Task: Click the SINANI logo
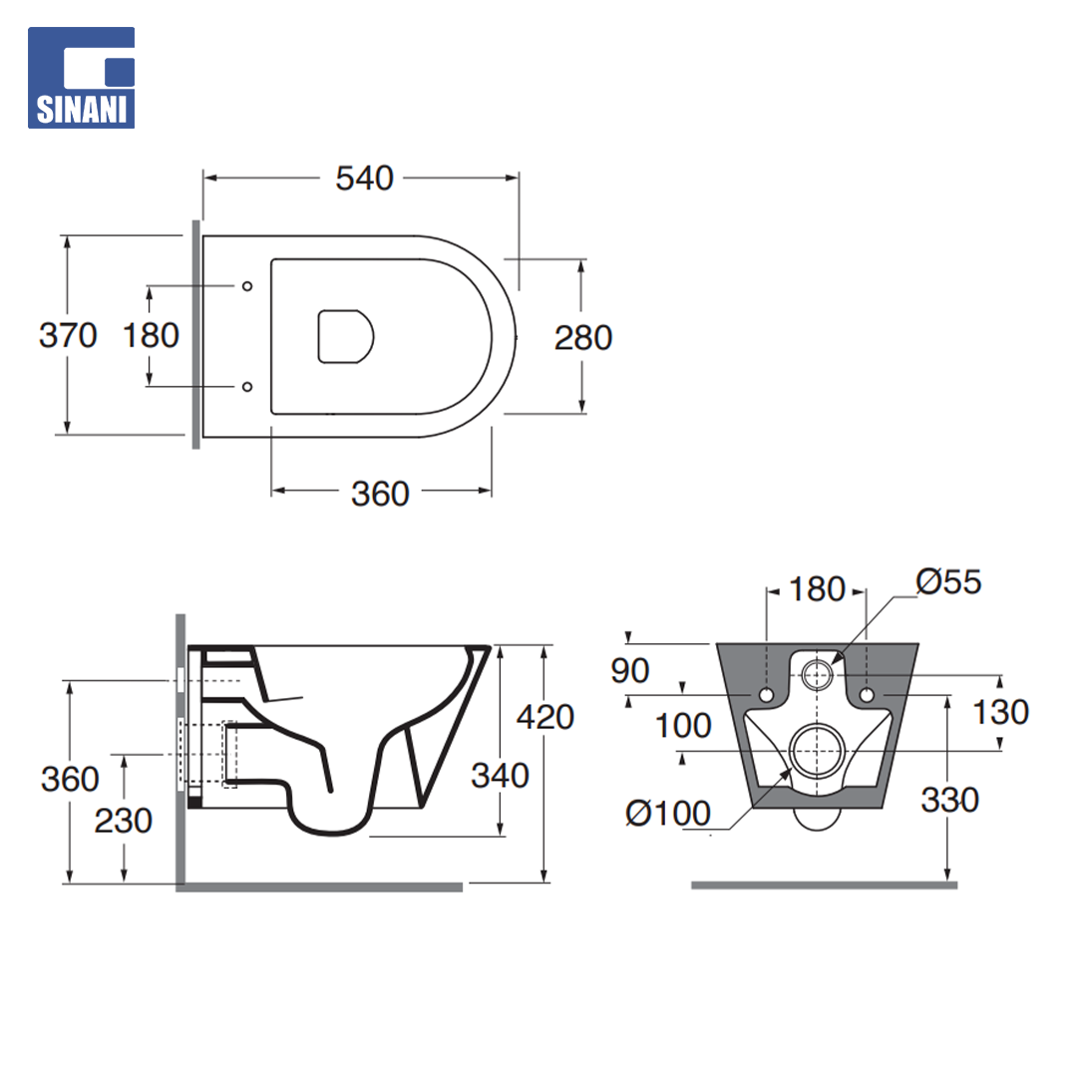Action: pyautogui.click(x=81, y=78)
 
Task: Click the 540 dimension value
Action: pyautogui.click(x=364, y=179)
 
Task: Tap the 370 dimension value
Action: pyautogui.click(x=68, y=336)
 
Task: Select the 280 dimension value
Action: pyautogui.click(x=583, y=338)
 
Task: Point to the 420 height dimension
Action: pyautogui.click(x=545, y=717)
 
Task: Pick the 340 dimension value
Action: pyautogui.click(x=500, y=776)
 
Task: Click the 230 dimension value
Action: pyautogui.click(x=123, y=821)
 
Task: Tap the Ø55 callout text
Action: pyautogui.click(x=948, y=582)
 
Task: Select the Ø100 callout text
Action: pyautogui.click(x=667, y=814)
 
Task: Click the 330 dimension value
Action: pyautogui.click(x=950, y=800)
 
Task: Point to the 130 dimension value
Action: pyautogui.click(x=1001, y=712)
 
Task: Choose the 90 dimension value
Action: pyautogui.click(x=630, y=671)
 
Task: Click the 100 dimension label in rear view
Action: pyautogui.click(x=683, y=726)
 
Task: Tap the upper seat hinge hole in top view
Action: pyautogui.click(x=247, y=286)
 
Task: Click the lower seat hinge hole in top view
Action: pyautogui.click(x=247, y=387)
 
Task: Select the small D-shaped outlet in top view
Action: pyautogui.click(x=345, y=337)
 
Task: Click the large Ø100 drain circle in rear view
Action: pyautogui.click(x=817, y=751)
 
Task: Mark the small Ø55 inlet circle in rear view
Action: pyautogui.click(x=817, y=675)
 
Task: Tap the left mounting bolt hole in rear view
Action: pyautogui.click(x=767, y=695)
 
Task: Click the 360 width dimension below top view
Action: pyautogui.click(x=380, y=494)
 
